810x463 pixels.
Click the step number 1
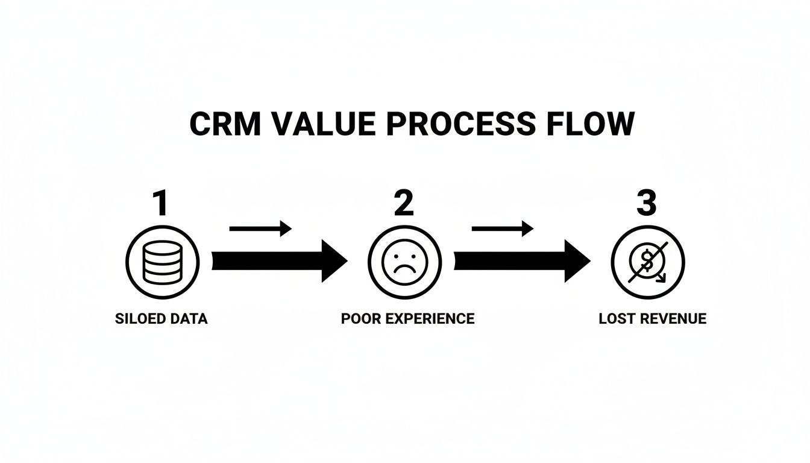[x=160, y=203]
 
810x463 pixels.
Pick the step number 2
[x=404, y=203]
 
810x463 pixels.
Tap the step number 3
[x=647, y=203]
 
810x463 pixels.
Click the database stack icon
[x=163, y=262]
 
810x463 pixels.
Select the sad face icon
[x=404, y=262]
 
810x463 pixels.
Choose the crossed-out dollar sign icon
[x=648, y=262]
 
